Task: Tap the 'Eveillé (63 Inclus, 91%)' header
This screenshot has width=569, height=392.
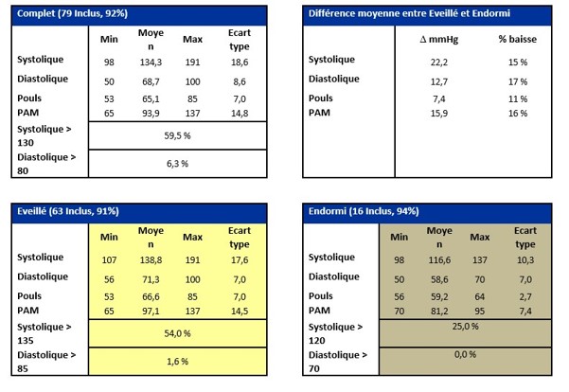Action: (x=70, y=211)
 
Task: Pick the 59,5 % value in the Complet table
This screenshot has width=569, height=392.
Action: (x=177, y=134)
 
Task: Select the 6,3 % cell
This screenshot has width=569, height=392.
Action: (x=177, y=163)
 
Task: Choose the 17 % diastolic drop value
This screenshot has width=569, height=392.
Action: (x=517, y=81)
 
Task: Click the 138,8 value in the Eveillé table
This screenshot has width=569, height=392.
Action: (x=151, y=258)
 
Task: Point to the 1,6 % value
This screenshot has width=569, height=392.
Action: (x=177, y=361)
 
